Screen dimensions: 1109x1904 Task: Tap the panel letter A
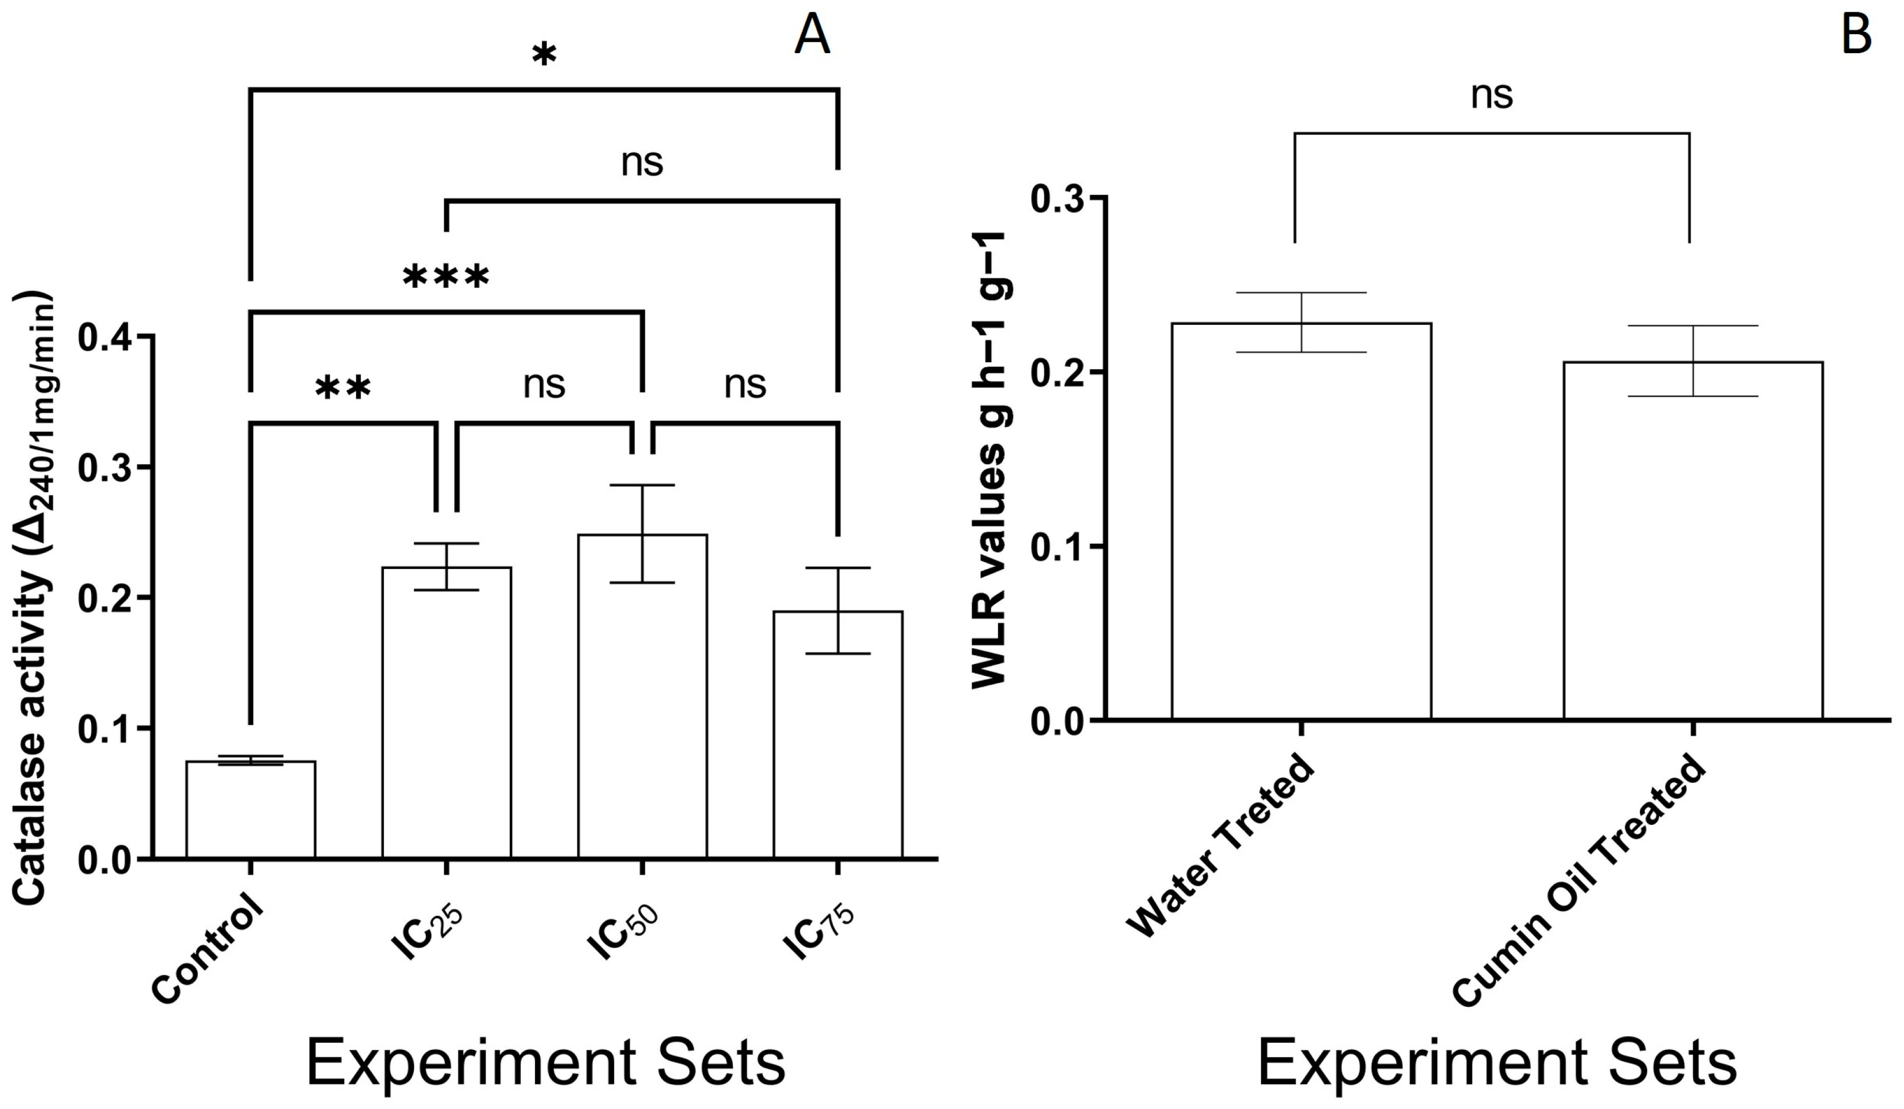(x=812, y=35)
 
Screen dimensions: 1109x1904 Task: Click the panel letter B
(x=1856, y=35)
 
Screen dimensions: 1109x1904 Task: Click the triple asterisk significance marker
(x=446, y=278)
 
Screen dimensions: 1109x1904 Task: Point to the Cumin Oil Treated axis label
(x=1579, y=892)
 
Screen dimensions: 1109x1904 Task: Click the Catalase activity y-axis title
(x=34, y=597)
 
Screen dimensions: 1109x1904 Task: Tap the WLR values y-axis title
(x=990, y=461)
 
